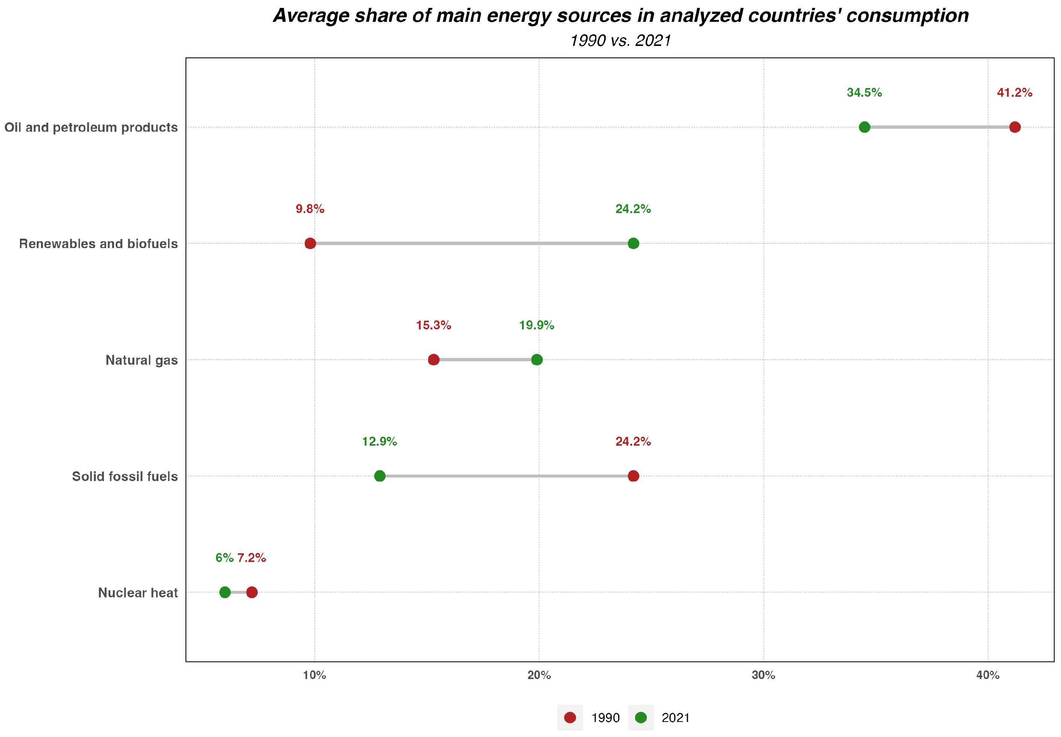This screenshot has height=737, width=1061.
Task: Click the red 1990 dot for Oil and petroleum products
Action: (1014, 127)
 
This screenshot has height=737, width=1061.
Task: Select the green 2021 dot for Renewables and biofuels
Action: (633, 244)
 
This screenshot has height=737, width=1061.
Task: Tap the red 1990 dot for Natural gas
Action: (433, 360)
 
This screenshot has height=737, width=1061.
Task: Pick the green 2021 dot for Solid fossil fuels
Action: (379, 476)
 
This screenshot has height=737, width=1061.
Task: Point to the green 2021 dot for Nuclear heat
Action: (225, 592)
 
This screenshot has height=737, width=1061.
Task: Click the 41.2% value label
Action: (1014, 93)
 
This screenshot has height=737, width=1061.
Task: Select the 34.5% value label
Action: (864, 93)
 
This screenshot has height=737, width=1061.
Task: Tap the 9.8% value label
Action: (310, 209)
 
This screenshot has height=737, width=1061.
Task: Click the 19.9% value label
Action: (536, 326)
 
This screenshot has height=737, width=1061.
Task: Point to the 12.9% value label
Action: (379, 442)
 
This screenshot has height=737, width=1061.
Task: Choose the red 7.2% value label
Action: (252, 558)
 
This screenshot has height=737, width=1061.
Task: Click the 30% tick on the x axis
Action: (763, 676)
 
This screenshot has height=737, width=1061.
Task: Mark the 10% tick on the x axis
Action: (314, 676)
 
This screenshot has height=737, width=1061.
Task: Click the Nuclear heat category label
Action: (138, 593)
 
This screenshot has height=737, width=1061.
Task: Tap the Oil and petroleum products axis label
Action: (91, 128)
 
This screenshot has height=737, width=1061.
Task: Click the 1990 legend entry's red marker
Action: (570, 717)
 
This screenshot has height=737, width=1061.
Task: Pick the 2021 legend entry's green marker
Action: (641, 717)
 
